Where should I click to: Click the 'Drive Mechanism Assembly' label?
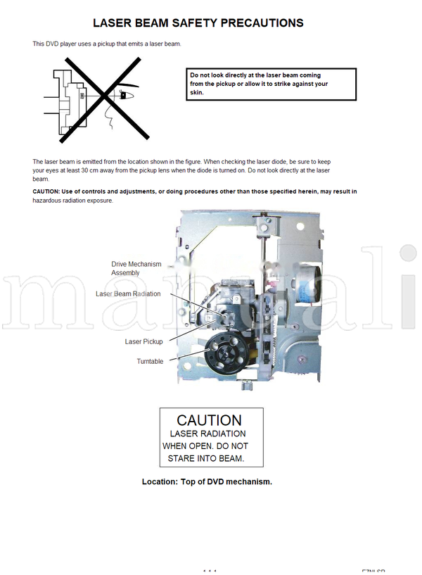[x=136, y=268]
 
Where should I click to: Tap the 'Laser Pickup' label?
[x=143, y=341]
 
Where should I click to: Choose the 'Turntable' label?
[x=150, y=361]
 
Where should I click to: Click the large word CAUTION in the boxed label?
[x=209, y=420]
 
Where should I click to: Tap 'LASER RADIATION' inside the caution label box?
[x=207, y=434]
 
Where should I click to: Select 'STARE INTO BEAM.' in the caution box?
[x=205, y=458]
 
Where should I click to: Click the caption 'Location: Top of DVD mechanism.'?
[x=207, y=481]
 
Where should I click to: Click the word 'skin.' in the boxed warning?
[x=195, y=92]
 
